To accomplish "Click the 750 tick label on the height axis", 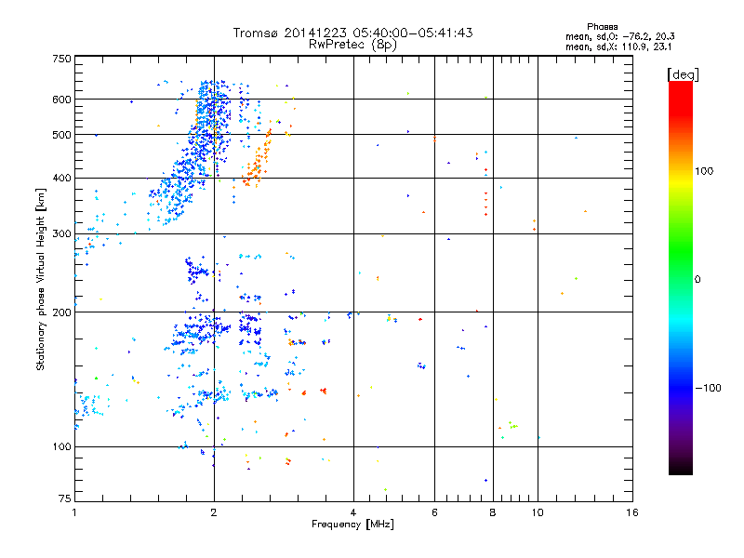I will click(61, 58).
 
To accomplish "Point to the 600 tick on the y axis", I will click(61, 99).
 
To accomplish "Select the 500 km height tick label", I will click(61, 135).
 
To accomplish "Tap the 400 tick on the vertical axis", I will click(61, 178).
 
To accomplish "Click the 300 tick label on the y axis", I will click(61, 233).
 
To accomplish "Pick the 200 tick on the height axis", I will click(61, 312).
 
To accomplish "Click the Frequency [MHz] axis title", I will click(352, 525).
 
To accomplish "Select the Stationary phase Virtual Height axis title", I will click(41, 279).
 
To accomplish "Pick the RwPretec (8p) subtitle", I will click(352, 44).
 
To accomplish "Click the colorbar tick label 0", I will click(697, 279).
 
